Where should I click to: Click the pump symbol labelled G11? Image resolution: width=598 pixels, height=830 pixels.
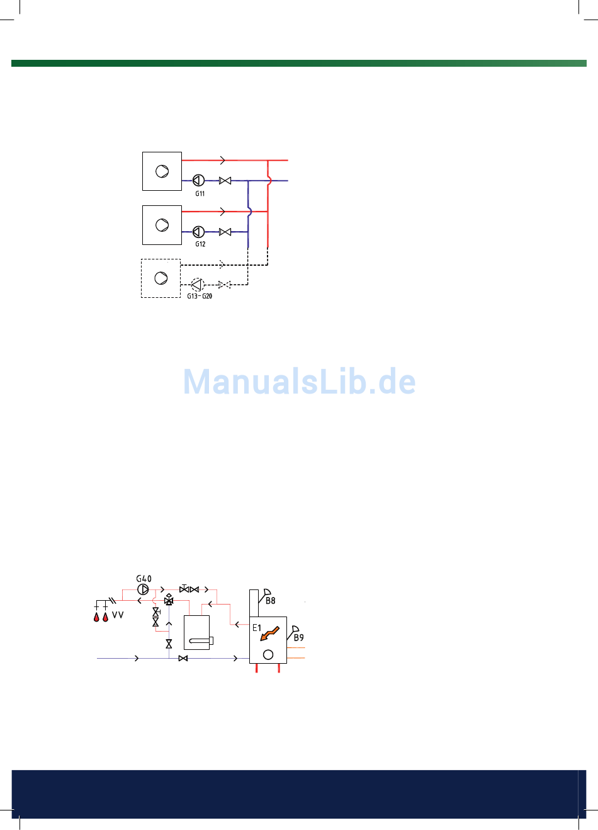[x=198, y=181]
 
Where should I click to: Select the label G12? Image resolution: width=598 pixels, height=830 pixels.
[x=200, y=244]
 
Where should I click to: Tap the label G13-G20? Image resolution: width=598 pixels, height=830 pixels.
[x=200, y=296]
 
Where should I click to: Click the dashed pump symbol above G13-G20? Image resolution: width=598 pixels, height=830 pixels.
[x=198, y=285]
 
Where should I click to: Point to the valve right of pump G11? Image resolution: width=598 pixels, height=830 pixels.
[x=225, y=181]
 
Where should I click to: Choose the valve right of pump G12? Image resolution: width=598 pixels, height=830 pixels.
[x=225, y=232]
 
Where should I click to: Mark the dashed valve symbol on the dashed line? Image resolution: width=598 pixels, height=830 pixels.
[x=224, y=285]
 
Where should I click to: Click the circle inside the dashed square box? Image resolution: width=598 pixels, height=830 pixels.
[x=161, y=278]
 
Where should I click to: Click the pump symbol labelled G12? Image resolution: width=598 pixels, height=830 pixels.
[x=198, y=232]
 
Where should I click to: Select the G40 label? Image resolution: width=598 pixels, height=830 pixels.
[x=144, y=579]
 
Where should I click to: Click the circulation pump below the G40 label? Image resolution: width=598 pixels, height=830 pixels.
[x=144, y=590]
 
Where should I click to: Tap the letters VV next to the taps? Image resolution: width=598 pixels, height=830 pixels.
[x=118, y=615]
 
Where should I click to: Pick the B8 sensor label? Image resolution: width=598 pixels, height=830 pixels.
[x=270, y=601]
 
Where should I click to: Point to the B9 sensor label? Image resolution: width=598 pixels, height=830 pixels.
[x=298, y=637]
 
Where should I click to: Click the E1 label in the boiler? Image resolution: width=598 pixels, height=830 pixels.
[x=257, y=628]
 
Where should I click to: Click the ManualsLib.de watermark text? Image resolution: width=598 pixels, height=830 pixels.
[x=299, y=382]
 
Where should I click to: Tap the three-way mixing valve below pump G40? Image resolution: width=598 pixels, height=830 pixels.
[x=169, y=601]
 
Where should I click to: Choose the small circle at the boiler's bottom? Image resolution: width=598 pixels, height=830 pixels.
[x=268, y=655]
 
